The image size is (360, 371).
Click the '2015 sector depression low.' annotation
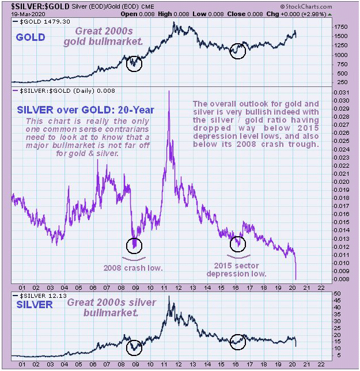pyautogui.click(x=237, y=269)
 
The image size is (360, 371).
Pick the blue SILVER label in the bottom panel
pyautogui.click(x=36, y=304)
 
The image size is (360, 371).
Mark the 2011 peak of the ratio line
pyautogui.click(x=169, y=92)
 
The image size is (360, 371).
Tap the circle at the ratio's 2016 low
pyautogui.click(x=237, y=244)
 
